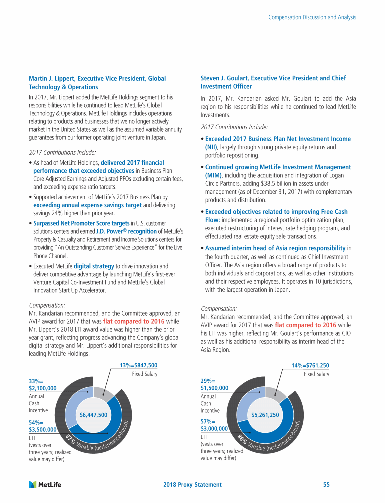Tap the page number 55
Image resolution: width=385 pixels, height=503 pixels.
[x=326, y=485]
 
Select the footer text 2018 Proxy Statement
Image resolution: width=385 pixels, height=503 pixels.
[x=192, y=485]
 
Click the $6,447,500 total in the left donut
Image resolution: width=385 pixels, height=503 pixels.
[x=94, y=415]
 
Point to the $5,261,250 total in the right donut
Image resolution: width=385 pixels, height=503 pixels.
[x=265, y=415]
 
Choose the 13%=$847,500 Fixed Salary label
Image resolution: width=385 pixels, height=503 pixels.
[x=139, y=365]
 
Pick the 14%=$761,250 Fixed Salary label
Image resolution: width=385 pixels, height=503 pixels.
[x=310, y=365]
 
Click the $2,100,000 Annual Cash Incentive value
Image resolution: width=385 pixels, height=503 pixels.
[x=43, y=388]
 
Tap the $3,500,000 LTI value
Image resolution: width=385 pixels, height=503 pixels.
[x=43, y=429]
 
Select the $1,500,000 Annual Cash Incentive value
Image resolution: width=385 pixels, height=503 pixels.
[x=214, y=388]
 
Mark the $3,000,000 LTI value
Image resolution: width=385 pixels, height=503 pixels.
[x=214, y=429]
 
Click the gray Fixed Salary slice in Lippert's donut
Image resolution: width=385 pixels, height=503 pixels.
[x=103, y=395]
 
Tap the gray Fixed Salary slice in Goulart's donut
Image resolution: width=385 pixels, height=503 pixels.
[x=275, y=395]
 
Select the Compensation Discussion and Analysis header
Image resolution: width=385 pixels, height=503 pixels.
[x=312, y=17]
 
